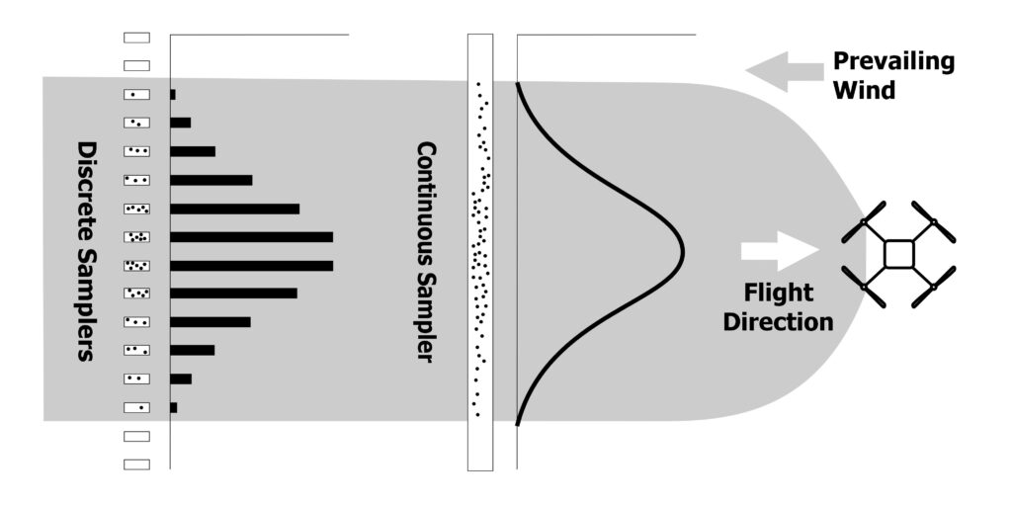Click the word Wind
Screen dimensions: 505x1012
865,90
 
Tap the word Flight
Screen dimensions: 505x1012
780,294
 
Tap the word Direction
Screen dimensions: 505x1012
779,322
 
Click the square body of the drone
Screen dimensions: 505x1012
898,253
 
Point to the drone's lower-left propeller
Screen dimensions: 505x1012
865,286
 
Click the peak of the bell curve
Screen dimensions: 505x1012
683,250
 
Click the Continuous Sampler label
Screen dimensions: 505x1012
426,252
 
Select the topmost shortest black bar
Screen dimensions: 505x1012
173,95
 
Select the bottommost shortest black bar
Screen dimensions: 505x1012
174,407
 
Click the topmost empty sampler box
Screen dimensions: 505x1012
136,38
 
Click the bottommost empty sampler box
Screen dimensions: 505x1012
136,463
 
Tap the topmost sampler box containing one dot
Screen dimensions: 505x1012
136,95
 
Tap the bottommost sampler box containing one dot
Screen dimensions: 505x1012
136,407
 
